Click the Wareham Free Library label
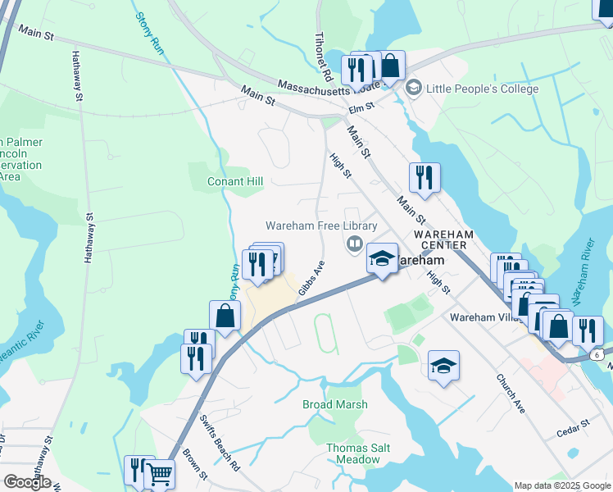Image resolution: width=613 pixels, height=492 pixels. click(x=321, y=225)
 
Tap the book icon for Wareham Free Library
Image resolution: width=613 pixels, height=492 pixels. click(x=354, y=243)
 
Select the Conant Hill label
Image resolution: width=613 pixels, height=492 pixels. click(x=235, y=181)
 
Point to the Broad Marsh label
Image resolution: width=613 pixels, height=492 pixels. click(x=335, y=404)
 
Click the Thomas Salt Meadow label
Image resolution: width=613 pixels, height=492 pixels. click(x=358, y=453)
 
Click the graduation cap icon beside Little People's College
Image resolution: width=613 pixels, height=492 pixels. click(x=414, y=87)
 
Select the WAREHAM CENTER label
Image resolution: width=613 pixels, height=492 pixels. click(x=450, y=239)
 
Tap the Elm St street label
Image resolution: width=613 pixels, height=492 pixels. click(x=361, y=107)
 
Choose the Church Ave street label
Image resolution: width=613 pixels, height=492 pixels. click(x=509, y=394)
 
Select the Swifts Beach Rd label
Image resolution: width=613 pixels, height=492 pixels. click(x=220, y=443)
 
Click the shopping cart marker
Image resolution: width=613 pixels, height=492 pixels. click(x=159, y=473)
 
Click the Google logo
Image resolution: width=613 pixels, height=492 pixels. click(x=27, y=482)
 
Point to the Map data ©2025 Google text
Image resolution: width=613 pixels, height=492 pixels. click(x=562, y=485)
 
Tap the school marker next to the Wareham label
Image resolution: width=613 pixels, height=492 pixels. click(x=381, y=259)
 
